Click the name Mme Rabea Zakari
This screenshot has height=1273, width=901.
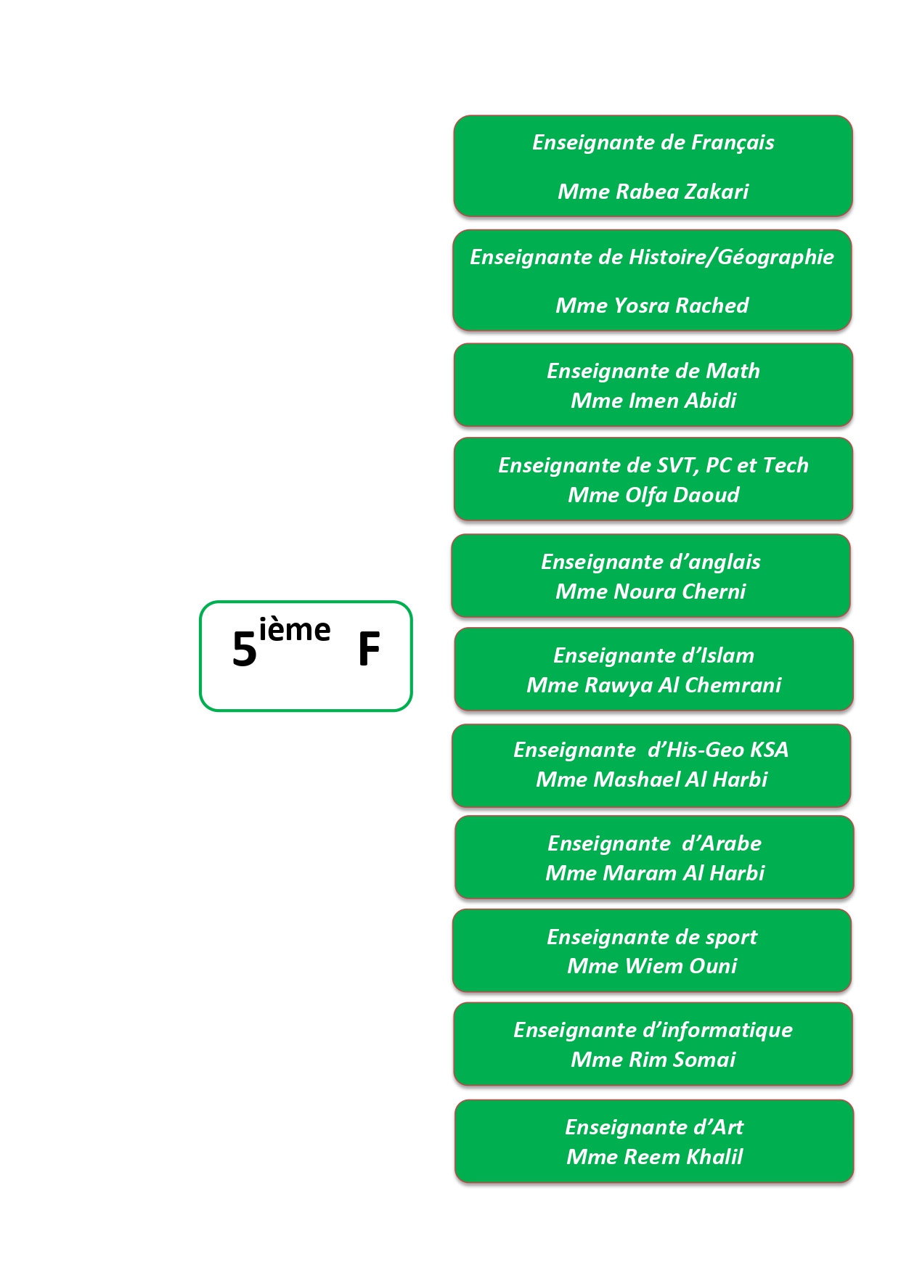point(653,192)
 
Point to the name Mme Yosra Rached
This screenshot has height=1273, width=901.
point(652,306)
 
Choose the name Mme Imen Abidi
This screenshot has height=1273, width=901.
point(653,401)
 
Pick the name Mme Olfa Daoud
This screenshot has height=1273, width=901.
point(653,495)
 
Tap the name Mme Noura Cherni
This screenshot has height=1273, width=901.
point(651,592)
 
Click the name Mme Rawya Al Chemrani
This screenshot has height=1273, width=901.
point(653,685)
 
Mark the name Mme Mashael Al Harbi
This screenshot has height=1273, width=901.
point(651,779)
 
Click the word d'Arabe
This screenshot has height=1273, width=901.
point(721,843)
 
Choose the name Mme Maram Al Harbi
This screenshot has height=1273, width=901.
point(655,873)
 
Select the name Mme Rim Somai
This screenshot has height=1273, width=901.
point(653,1060)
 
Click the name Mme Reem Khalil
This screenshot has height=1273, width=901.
point(654,1157)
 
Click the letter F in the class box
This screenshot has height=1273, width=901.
point(369,650)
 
